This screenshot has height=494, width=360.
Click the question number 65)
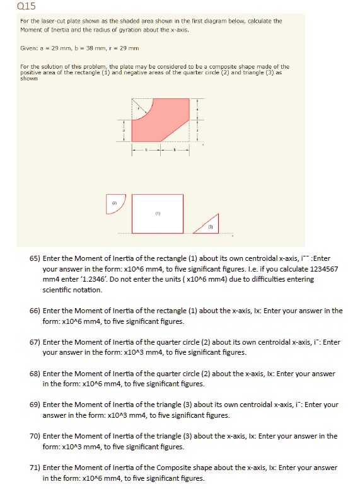pyautogui.click(x=36, y=258)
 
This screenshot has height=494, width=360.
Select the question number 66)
pyautogui.click(x=36, y=311)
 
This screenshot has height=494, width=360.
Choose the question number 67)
pyautogui.click(x=36, y=342)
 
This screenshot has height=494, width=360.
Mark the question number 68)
pyautogui.click(x=36, y=373)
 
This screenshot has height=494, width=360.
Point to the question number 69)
pyautogui.click(x=36, y=405)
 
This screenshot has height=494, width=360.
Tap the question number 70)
pyautogui.click(x=36, y=436)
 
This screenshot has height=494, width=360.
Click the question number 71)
pyautogui.click(x=36, y=468)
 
